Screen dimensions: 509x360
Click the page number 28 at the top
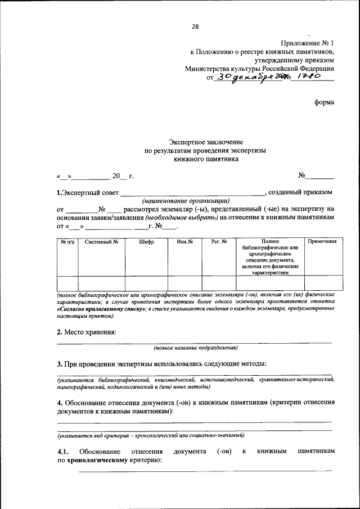point(195,26)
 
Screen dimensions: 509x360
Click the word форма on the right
point(325,102)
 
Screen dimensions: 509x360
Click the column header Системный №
point(101,242)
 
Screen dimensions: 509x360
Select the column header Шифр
point(146,242)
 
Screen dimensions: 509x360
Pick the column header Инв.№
point(184,242)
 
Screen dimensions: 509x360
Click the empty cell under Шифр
point(146,283)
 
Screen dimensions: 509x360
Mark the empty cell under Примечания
point(323,283)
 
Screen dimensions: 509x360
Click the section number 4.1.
point(62,452)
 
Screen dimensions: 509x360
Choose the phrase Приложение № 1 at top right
point(307,43)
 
